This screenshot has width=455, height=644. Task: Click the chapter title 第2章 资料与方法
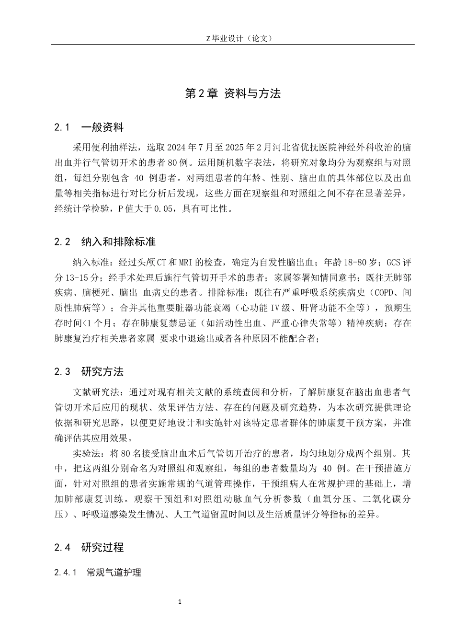[233, 94]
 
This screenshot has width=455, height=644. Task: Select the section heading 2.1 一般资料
[89, 127]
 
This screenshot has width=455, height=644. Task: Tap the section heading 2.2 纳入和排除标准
[105, 241]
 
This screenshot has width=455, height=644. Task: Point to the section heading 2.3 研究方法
[89, 371]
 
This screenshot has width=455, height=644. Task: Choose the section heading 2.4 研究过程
[89, 547]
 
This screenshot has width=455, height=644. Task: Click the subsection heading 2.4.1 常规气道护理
[98, 572]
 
